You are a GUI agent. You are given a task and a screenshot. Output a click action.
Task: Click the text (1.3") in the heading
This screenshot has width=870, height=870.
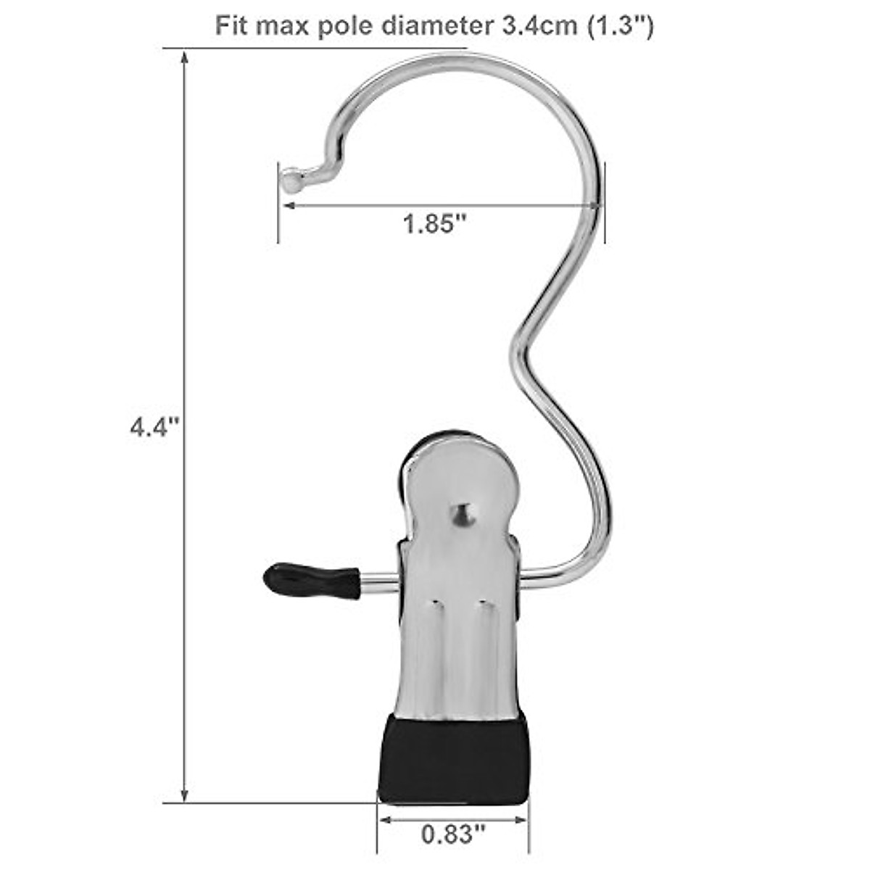(x=618, y=26)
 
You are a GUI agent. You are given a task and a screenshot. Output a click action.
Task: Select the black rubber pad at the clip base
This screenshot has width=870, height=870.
(x=453, y=758)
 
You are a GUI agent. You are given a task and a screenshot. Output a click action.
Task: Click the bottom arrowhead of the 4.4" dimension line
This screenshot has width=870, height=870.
(x=185, y=796)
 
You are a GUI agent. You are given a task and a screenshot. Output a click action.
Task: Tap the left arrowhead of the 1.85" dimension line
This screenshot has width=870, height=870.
(x=288, y=206)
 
